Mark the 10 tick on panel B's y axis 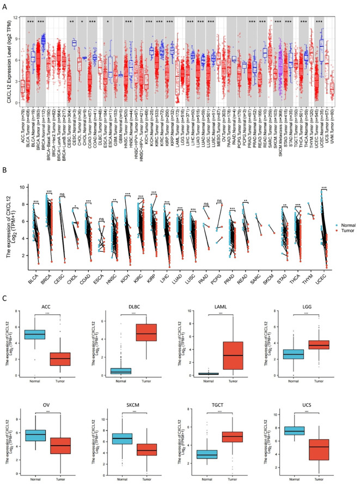coord(17,186)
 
